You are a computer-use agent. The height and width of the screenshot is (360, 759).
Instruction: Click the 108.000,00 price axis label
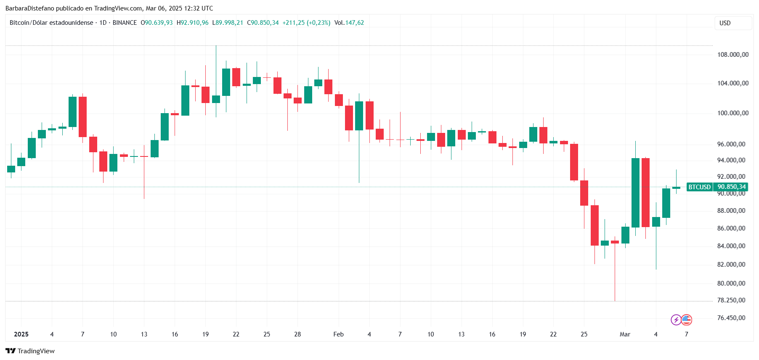point(733,55)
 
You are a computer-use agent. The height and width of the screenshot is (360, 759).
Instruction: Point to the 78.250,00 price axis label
point(731,300)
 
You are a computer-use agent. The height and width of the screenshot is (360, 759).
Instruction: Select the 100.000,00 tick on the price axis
point(733,113)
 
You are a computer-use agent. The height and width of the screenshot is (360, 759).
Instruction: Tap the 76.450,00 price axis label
point(731,318)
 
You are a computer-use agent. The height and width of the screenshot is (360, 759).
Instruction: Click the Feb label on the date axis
point(338,334)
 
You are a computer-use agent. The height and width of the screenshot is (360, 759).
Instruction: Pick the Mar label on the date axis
point(625,334)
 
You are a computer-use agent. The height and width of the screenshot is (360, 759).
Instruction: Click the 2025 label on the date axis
point(21,334)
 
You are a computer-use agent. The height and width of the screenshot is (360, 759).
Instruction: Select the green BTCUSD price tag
point(699,187)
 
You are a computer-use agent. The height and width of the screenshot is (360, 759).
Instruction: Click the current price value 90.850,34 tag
point(731,187)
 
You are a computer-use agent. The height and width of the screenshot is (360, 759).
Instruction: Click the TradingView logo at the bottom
point(30,351)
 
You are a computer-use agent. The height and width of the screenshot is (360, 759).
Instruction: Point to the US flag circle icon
point(687,320)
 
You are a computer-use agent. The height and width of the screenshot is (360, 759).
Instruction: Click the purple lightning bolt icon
point(676,320)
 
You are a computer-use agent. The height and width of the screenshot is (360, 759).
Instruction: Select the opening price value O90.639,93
point(157,23)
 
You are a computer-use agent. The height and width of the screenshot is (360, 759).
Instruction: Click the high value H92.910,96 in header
point(192,23)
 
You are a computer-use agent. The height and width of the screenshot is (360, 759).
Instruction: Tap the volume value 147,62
point(355,23)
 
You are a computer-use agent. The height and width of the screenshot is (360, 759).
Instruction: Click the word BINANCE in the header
point(125,23)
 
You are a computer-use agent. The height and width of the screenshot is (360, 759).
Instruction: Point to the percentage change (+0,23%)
point(318,23)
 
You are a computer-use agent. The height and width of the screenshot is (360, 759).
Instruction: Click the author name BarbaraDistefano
point(30,8)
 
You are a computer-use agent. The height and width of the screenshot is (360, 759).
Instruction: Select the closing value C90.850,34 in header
point(263,23)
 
